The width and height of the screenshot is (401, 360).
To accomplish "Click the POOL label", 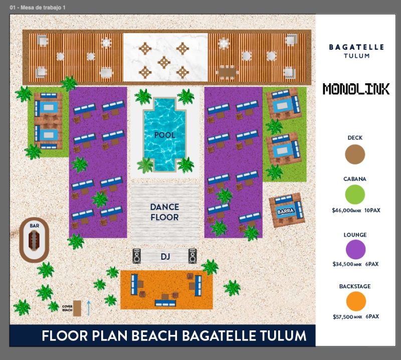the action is [165, 135].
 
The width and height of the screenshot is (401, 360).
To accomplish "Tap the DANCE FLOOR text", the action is [165, 212].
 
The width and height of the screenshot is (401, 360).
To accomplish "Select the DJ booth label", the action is [165, 256].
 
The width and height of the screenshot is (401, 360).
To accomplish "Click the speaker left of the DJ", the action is [136, 256].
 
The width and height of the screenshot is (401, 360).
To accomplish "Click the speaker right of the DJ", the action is [192, 256].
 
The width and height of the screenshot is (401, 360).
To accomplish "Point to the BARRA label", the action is [285, 211].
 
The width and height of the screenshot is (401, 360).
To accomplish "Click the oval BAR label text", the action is [34, 226].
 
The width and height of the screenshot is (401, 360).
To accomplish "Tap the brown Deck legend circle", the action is [355, 154].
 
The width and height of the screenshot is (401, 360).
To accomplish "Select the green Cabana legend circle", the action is [355, 194].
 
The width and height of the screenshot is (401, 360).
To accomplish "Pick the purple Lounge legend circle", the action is [355, 249].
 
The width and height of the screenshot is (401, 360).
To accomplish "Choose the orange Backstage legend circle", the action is [356, 301].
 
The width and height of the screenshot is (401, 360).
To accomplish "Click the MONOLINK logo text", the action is [356, 89].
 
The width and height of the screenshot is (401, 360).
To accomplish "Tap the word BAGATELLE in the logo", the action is [356, 47].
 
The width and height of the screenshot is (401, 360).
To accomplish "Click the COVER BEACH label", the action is [67, 308].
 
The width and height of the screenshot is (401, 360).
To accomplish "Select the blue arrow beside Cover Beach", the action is [89, 308].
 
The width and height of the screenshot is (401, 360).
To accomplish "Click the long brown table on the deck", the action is [227, 71].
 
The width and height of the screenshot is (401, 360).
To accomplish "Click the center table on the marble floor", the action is [164, 62].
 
